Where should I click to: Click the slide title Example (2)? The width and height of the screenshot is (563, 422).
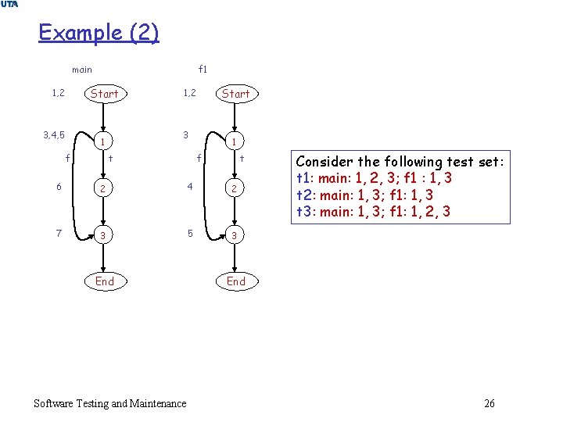[99, 33]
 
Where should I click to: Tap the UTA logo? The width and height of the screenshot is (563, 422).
[9, 5]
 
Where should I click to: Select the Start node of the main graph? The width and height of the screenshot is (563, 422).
[105, 94]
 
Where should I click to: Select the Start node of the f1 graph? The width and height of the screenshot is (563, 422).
[235, 94]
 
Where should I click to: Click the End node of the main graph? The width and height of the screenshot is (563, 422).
[105, 281]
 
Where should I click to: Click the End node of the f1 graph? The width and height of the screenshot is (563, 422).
[235, 281]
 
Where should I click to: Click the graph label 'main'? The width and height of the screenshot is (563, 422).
[82, 70]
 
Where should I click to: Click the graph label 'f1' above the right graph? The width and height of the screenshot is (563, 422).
[203, 70]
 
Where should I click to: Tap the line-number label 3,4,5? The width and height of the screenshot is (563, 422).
[54, 134]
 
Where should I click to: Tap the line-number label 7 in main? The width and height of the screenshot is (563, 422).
[57, 234]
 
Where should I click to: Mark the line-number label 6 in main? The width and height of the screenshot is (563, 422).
[57, 187]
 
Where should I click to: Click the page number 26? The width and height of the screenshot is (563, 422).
[489, 403]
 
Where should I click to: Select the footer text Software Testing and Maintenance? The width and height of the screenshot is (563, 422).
[110, 403]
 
